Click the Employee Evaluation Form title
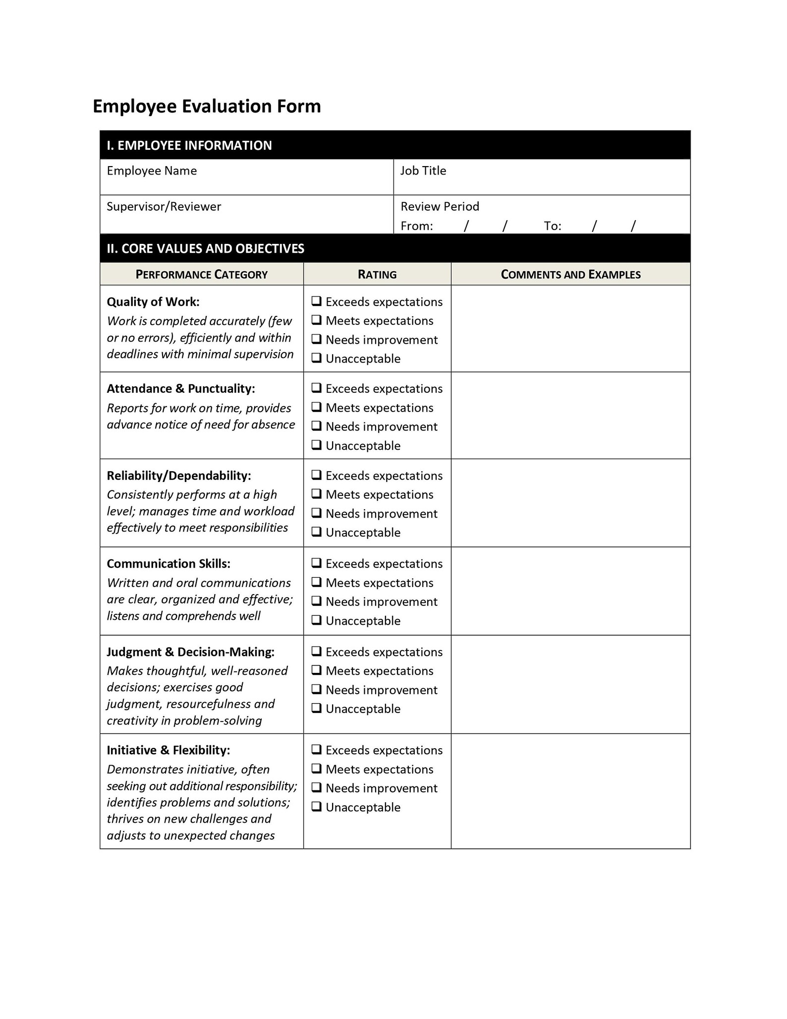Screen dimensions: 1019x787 [x=207, y=106]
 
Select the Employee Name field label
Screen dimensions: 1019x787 [x=152, y=171]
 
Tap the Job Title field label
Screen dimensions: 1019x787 [x=423, y=171]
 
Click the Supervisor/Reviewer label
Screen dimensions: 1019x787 [x=164, y=206]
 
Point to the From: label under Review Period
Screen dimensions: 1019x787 [x=416, y=226]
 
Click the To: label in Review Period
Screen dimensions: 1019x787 [x=552, y=226]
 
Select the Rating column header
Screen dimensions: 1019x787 [x=377, y=274]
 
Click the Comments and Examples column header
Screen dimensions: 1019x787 [x=570, y=274]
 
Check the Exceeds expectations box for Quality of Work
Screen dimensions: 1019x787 [x=316, y=301]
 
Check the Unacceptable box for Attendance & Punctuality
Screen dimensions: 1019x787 [x=316, y=445]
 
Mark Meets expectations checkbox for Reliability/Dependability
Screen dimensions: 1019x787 [x=316, y=494]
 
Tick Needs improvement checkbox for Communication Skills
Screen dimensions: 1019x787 [x=316, y=601]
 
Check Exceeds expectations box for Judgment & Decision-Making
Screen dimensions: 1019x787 [x=316, y=651]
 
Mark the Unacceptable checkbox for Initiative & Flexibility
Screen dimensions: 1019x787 [x=316, y=806]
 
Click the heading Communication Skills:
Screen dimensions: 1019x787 [x=169, y=564]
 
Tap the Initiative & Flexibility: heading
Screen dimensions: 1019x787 [x=169, y=750]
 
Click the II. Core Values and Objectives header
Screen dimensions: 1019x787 [x=205, y=248]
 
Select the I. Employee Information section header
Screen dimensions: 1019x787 [x=189, y=145]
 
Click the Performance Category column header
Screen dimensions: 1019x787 [x=201, y=274]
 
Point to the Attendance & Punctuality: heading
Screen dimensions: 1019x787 [x=181, y=388]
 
